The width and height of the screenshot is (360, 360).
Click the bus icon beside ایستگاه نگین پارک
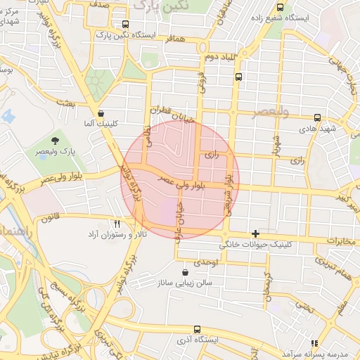125,23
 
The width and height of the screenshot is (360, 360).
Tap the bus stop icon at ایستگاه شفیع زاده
281,8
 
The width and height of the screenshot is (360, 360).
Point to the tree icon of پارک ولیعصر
56,141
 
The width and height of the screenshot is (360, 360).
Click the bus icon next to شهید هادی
318,117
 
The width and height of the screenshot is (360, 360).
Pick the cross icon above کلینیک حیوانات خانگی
255,233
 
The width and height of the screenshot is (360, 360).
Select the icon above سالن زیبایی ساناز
185,272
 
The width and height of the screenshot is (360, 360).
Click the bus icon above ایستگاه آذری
196,328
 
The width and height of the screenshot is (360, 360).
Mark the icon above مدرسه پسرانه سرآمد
314,342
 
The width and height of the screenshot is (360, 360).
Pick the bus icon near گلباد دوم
239,77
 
